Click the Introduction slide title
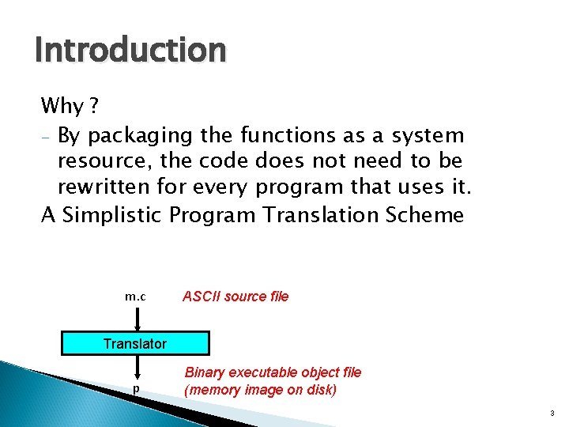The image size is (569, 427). (x=130, y=51)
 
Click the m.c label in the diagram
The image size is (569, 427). (x=135, y=297)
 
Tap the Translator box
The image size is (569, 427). (x=136, y=343)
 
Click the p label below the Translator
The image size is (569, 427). (x=137, y=389)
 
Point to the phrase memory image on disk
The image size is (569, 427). (x=260, y=390)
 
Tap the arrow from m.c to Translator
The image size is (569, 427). (x=138, y=319)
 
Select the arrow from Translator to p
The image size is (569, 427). (x=138, y=367)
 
